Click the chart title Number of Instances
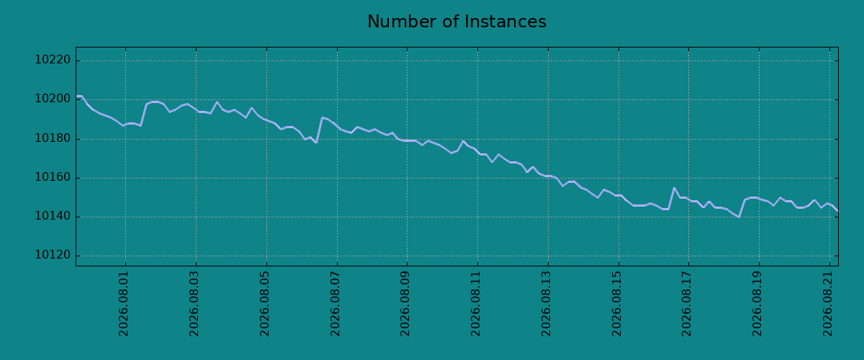click(456, 22)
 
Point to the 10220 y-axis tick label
click(53, 60)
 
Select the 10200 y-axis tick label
click(53, 99)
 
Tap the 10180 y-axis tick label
click(53, 138)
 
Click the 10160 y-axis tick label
click(53, 177)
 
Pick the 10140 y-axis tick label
click(53, 216)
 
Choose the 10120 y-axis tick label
click(53, 255)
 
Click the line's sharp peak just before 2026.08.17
click(674, 188)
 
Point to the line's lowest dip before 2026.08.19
click(739, 217)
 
